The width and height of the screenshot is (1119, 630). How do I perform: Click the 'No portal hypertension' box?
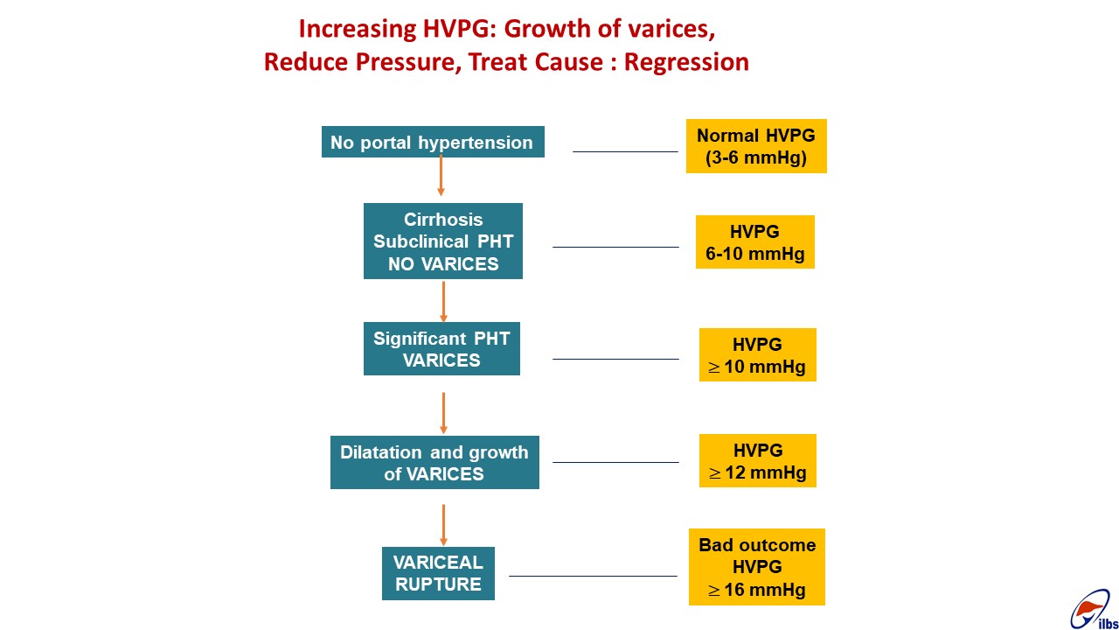point(433,142)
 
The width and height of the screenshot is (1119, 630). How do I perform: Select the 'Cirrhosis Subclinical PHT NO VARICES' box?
point(443,241)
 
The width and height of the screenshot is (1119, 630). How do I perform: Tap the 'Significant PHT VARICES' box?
point(441,348)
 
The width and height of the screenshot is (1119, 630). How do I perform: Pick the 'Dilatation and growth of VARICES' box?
point(434,463)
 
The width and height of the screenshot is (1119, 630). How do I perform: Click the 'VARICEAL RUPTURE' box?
point(438,573)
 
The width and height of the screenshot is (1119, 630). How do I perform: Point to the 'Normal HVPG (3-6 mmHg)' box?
point(756,146)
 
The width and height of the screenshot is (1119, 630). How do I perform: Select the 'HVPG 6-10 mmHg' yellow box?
point(754,242)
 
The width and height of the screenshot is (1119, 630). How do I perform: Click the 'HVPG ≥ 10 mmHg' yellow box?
point(757,355)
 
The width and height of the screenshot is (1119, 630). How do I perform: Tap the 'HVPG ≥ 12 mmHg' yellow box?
point(757,460)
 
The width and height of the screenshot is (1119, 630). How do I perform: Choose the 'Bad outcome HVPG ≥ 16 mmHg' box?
point(757,567)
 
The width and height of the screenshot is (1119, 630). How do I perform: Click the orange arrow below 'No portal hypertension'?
point(441,175)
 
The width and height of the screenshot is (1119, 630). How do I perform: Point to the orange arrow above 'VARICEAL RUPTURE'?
point(443,525)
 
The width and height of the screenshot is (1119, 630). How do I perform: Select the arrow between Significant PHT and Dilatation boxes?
point(443,413)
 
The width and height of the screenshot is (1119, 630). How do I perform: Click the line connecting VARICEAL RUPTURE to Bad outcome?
point(593,576)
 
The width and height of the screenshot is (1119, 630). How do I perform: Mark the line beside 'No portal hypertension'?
point(625,151)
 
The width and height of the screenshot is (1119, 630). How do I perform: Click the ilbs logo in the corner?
point(1094,610)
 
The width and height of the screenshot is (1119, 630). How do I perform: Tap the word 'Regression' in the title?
point(686,62)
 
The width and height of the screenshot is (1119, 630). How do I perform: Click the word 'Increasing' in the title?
point(358,29)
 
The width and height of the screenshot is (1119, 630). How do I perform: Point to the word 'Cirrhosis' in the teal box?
point(443,219)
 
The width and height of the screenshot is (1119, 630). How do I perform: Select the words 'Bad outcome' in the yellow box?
point(757,544)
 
